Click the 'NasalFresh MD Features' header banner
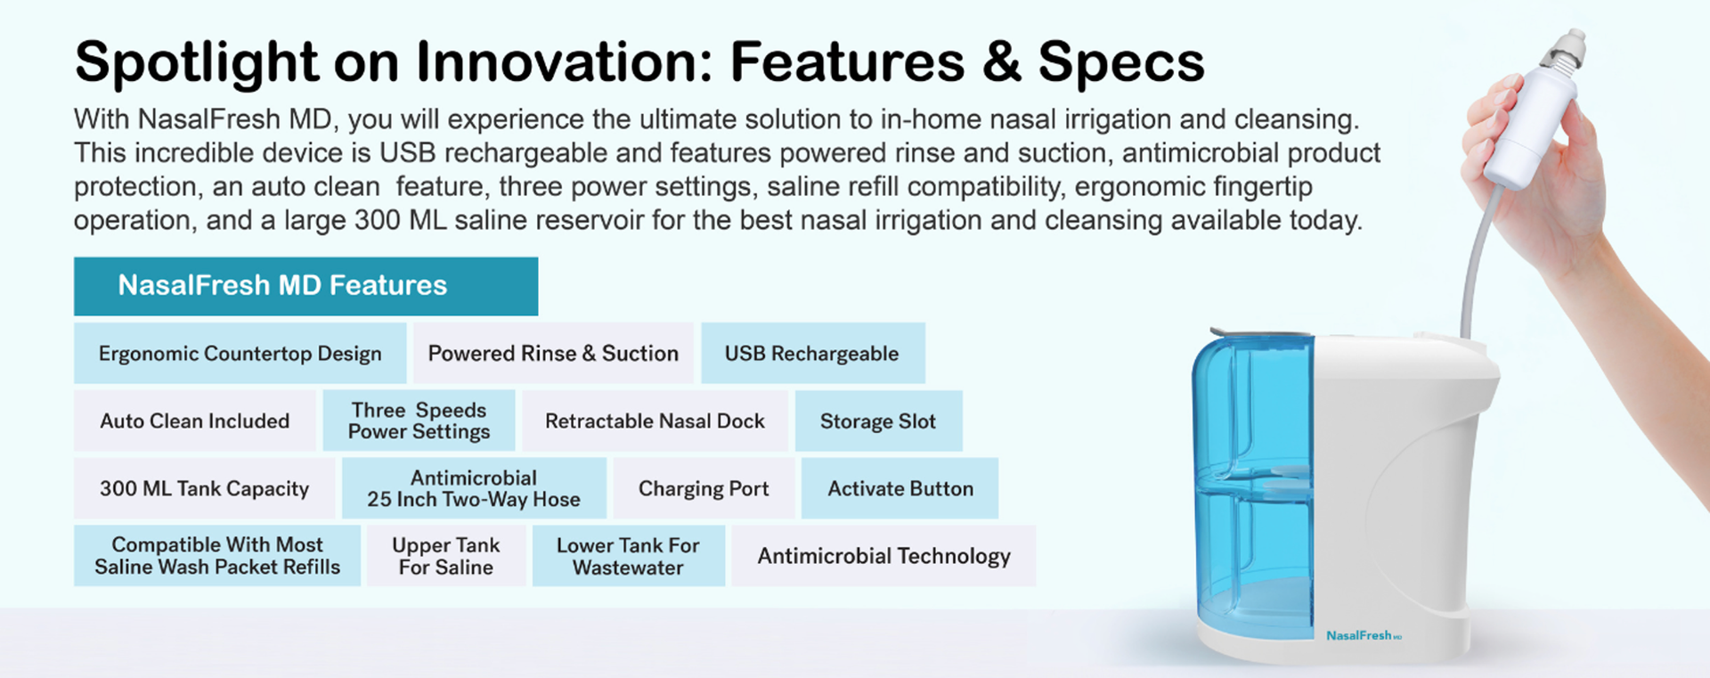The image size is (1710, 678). click(305, 286)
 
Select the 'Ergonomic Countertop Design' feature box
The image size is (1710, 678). click(240, 353)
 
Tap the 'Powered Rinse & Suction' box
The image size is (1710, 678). click(553, 353)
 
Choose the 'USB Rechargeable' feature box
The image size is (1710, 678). click(812, 353)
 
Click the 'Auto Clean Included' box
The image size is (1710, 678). click(194, 421)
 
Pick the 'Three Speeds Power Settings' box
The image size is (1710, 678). click(419, 421)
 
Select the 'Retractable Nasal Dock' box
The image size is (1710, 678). click(655, 421)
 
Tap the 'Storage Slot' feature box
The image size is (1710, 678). click(878, 421)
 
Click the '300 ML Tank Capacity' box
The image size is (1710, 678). click(204, 488)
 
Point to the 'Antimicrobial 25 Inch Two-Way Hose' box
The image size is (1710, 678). click(474, 488)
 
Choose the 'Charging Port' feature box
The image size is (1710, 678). click(704, 488)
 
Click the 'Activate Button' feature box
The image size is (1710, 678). click(900, 488)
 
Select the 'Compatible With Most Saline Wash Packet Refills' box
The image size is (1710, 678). click(217, 556)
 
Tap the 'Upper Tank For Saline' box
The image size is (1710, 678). click(446, 556)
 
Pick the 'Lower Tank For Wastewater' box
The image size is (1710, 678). click(629, 556)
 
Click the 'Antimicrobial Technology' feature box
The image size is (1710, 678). click(883, 556)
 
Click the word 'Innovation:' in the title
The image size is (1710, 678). click(565, 62)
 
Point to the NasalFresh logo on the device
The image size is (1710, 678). click(1364, 635)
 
